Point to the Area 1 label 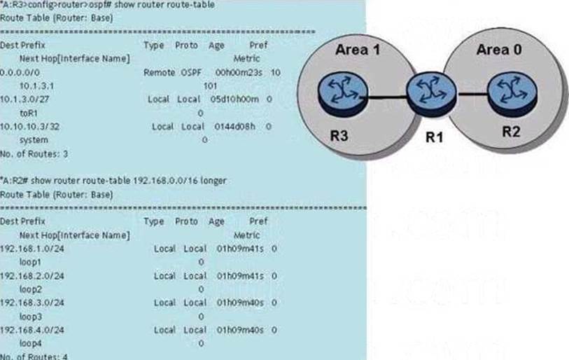click(357, 50)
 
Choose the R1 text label click(435, 137)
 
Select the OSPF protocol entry click(191, 72)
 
